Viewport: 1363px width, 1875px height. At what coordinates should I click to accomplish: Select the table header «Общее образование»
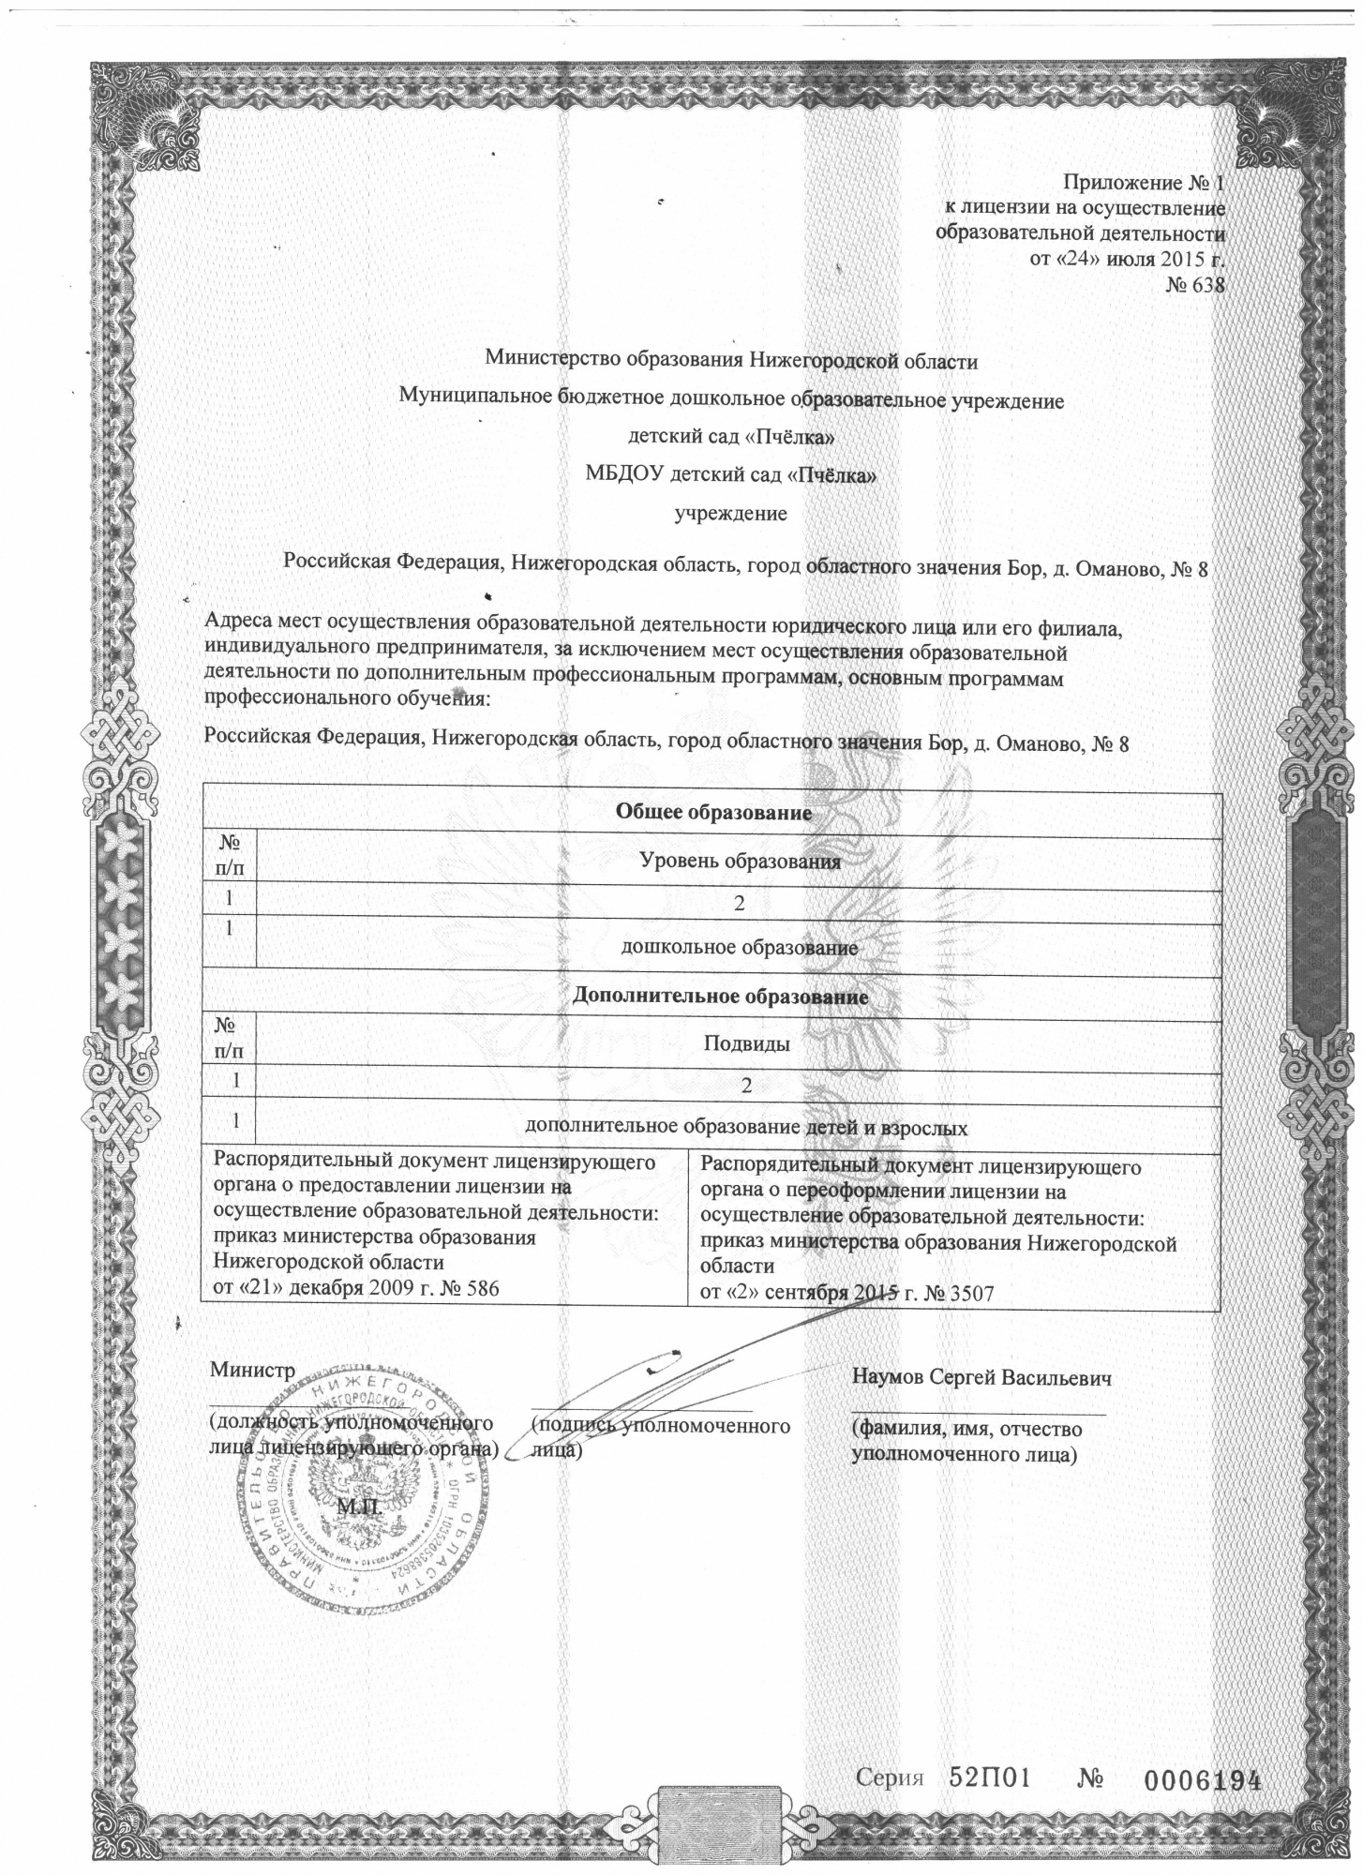712,812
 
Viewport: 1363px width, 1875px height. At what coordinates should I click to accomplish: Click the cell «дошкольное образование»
740,947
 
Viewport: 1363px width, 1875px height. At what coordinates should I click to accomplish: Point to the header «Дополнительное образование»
720,996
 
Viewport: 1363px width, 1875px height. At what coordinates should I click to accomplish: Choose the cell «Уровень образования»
739,861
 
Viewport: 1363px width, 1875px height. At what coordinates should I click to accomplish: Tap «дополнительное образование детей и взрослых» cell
746,1127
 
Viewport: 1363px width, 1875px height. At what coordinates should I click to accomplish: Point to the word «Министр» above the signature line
252,1370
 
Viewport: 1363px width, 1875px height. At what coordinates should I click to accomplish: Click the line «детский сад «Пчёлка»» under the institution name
731,438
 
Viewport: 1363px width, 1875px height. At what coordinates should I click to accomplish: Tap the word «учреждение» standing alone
731,513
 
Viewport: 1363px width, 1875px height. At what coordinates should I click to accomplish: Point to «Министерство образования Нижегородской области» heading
731,359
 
